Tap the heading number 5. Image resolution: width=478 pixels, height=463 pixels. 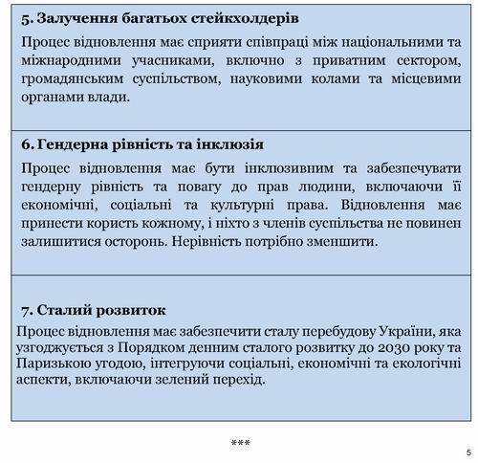(25, 17)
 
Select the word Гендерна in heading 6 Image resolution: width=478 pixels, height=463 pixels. (76, 144)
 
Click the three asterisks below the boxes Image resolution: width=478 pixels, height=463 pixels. (241, 443)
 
